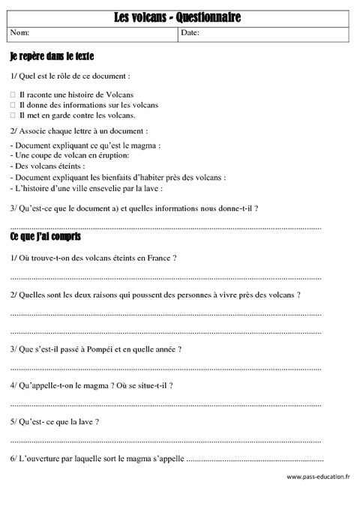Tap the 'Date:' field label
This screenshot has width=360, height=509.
pyautogui.click(x=190, y=34)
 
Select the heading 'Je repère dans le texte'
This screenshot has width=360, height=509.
pyautogui.click(x=52, y=57)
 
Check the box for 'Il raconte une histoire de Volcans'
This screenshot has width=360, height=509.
pyautogui.click(x=13, y=95)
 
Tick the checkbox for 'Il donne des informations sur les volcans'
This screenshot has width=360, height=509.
pyautogui.click(x=13, y=106)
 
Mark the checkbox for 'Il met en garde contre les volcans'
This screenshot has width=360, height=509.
pyautogui.click(x=13, y=115)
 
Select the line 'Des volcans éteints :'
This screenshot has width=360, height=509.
pyautogui.click(x=48, y=166)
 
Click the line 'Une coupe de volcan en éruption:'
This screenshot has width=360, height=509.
pyautogui.click(x=70, y=155)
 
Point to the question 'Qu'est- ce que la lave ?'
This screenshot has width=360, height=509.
pyautogui.click(x=55, y=423)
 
